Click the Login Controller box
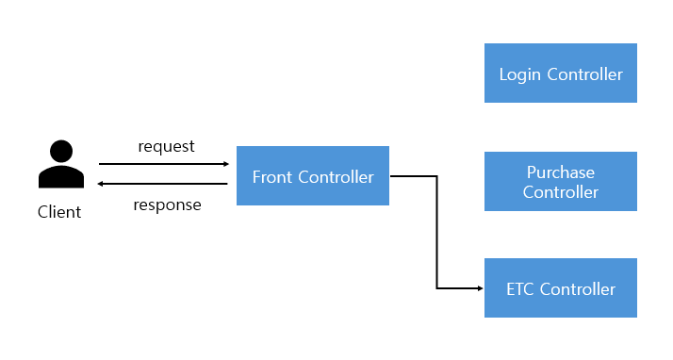tap(560, 74)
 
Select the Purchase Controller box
tap(560, 182)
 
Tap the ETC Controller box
tap(560, 288)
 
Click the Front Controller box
tap(312, 176)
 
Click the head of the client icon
tap(60, 151)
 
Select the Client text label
tap(59, 212)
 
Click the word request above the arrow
tap(166, 146)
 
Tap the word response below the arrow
tap(167, 205)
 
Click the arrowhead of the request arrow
tap(224, 163)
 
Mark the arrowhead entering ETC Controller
tap(478, 288)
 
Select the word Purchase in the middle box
tap(561, 172)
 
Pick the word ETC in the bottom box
tap(522, 288)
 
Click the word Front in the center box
tap(272, 176)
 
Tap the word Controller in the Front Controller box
tap(336, 176)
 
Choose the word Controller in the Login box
tap(584, 74)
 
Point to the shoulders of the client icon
tap(60, 176)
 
